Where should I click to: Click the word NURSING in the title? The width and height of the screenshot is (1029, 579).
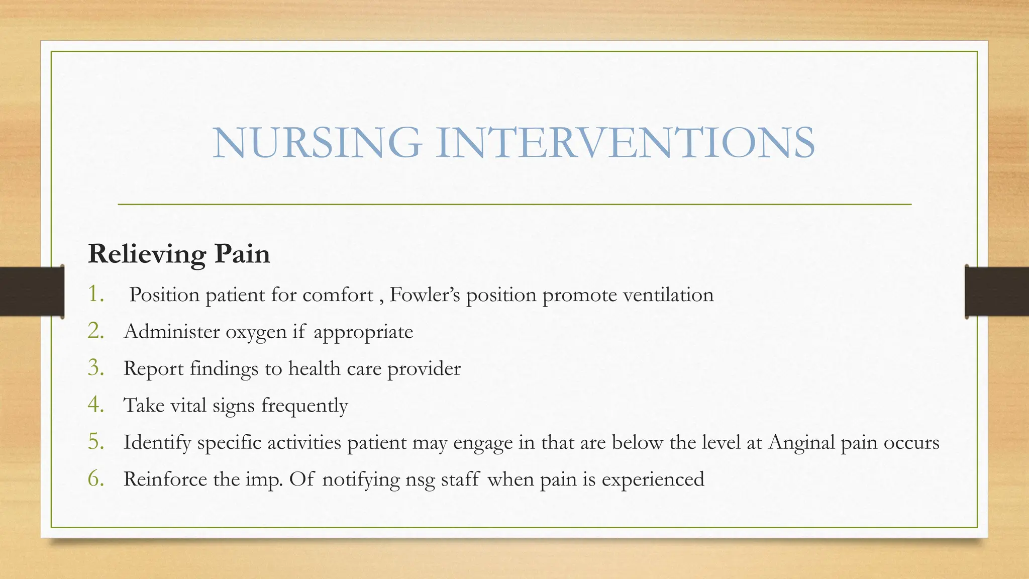[317, 143]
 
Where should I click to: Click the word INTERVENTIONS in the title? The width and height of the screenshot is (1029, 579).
[625, 143]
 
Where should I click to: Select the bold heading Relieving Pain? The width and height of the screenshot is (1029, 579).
[179, 254]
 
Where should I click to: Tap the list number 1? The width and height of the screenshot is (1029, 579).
[95, 294]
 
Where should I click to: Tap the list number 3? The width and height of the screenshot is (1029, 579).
[95, 368]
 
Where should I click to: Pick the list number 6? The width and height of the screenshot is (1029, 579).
[95, 478]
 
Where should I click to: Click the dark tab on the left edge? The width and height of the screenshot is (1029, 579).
[32, 292]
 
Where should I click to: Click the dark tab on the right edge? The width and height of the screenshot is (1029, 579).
[997, 292]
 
